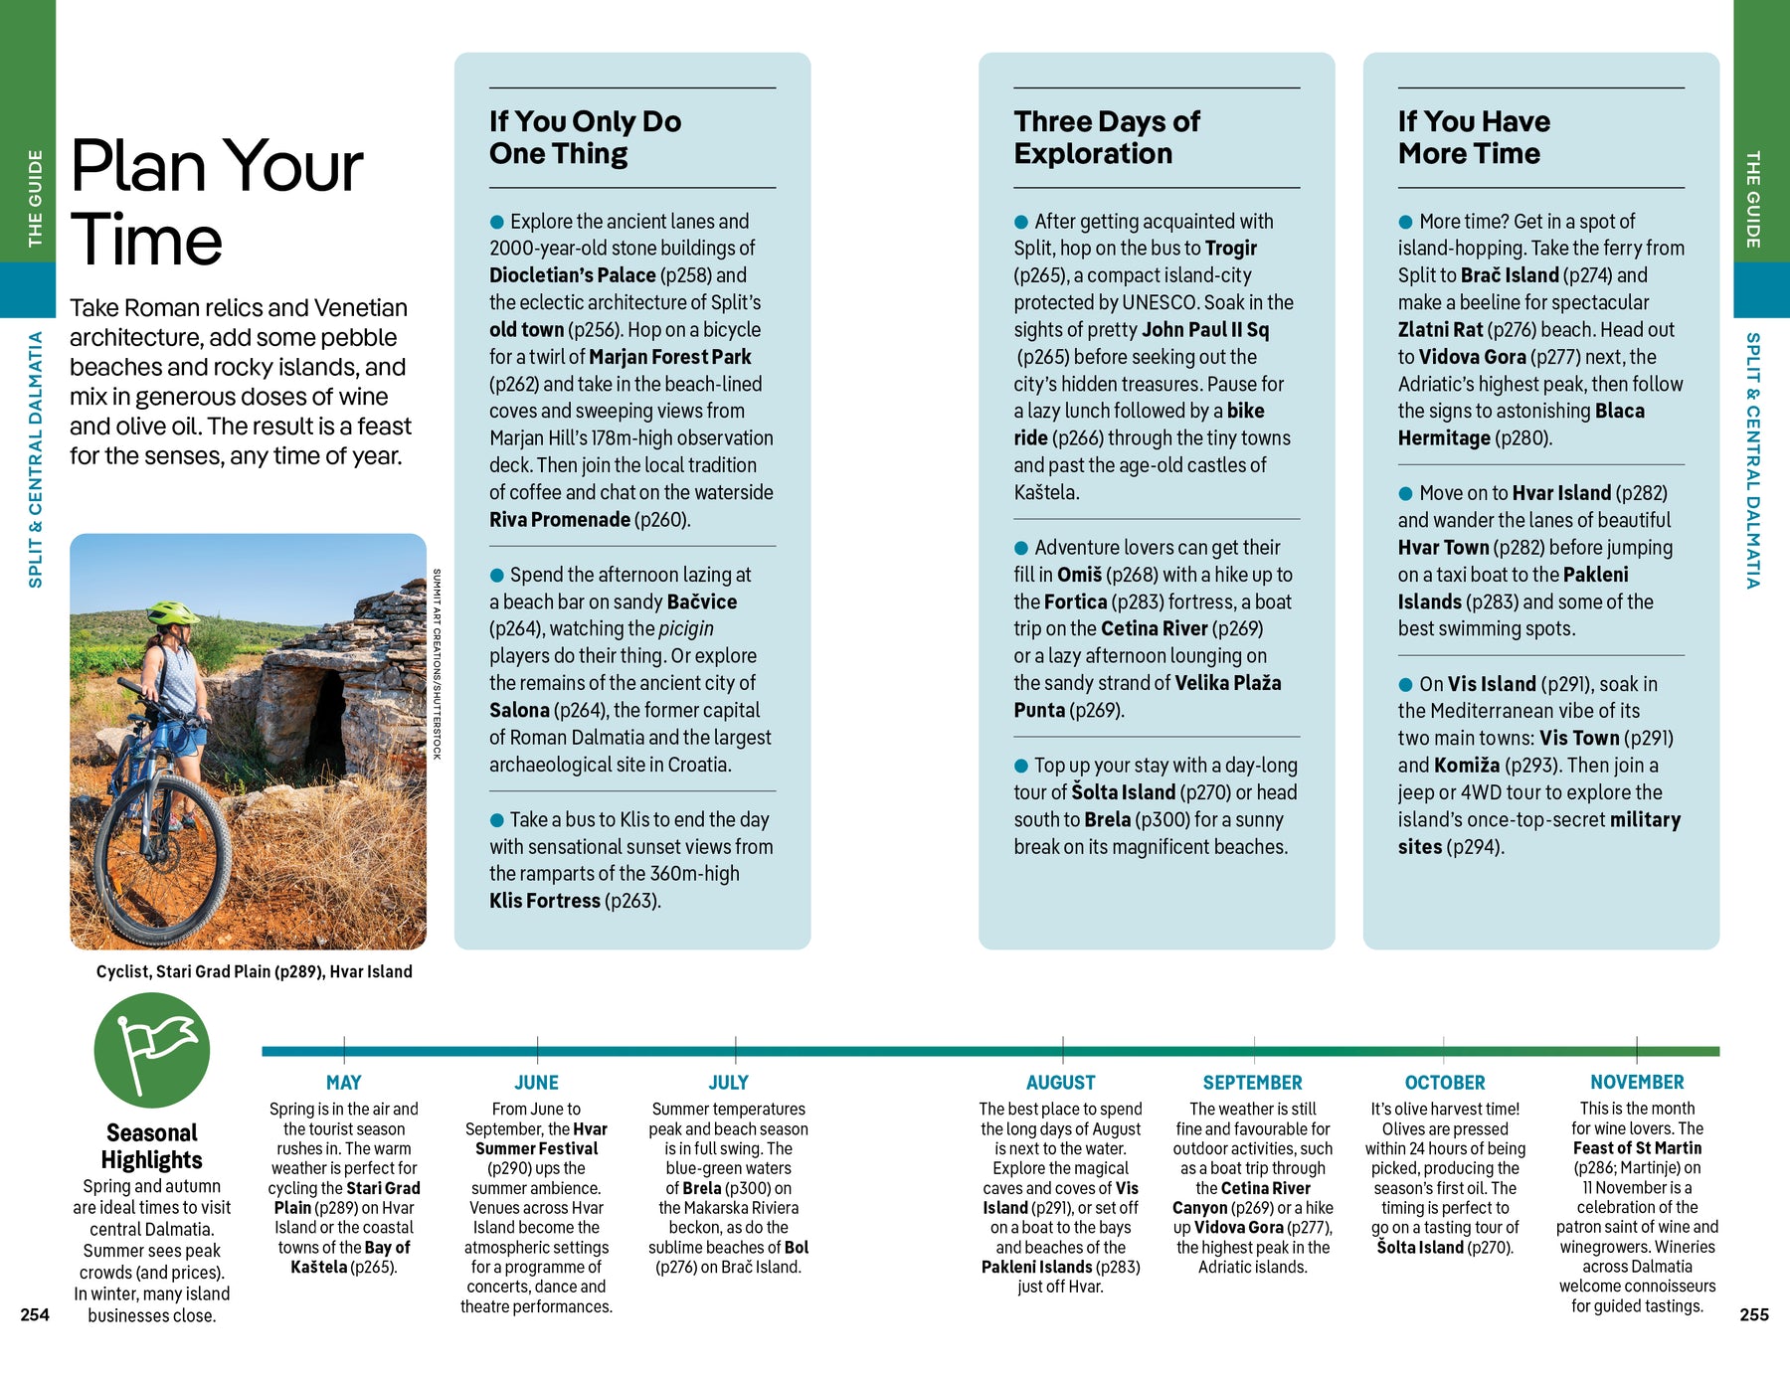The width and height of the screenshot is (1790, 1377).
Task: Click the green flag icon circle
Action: (152, 1050)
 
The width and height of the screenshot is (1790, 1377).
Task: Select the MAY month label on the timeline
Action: (343, 1082)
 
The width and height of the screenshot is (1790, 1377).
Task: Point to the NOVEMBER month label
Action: (1636, 1082)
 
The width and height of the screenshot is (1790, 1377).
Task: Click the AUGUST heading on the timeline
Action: (1060, 1082)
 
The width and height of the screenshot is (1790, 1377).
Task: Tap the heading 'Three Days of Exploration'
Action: (1106, 137)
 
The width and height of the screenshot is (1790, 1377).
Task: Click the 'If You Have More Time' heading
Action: (1473, 137)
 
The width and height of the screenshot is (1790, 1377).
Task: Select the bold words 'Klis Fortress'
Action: (544, 901)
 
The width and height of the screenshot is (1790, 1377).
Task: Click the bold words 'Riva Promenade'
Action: (559, 519)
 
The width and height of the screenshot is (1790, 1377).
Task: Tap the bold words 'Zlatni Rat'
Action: (1440, 329)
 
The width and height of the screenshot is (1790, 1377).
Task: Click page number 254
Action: (35, 1314)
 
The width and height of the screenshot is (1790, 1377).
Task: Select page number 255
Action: (1753, 1314)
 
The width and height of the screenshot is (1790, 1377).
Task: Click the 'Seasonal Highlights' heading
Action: (151, 1146)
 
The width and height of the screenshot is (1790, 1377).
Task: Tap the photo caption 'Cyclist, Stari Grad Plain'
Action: (254, 971)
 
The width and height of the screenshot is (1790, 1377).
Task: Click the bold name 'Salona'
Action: (519, 710)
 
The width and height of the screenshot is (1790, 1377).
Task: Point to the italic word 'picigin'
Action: (685, 628)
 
